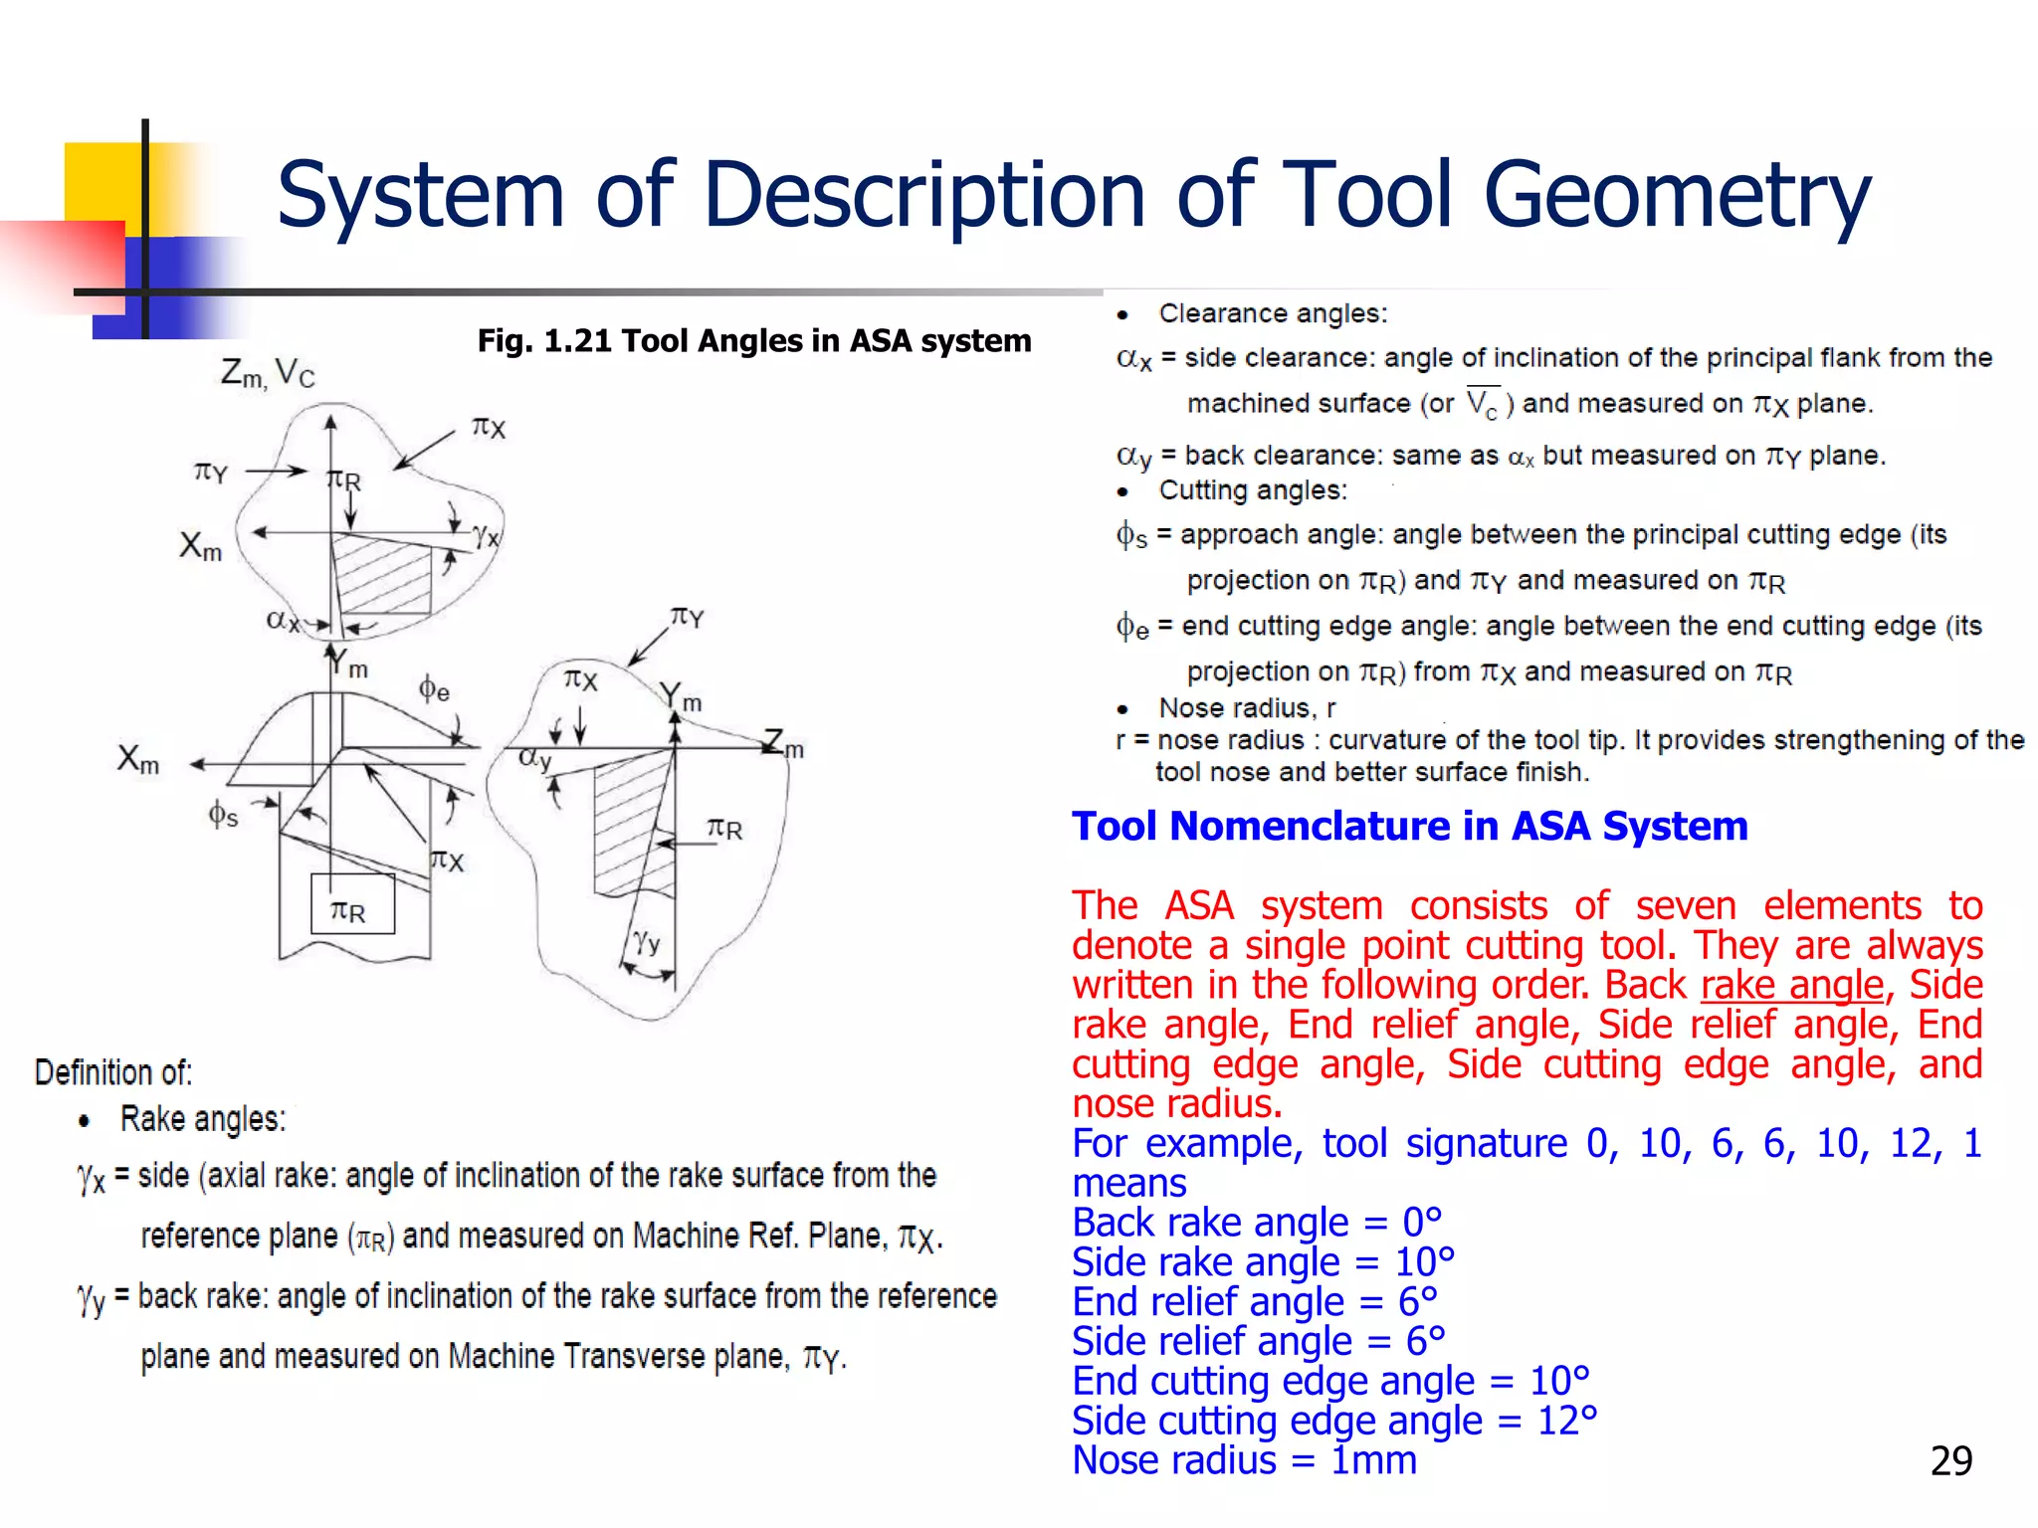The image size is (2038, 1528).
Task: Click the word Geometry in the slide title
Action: [x=1676, y=195]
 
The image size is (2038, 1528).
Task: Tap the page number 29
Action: [x=1950, y=1460]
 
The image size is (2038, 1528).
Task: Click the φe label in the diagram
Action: [x=434, y=688]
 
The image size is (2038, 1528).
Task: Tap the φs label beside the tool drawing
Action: [x=223, y=816]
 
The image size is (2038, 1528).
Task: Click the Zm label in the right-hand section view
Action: [x=783, y=744]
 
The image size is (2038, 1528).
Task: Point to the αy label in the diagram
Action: [x=534, y=758]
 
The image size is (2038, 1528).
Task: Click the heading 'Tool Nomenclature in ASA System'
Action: [x=1409, y=826]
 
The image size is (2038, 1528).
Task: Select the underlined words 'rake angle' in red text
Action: [x=1792, y=985]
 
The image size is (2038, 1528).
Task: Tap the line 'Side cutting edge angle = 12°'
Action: [x=1333, y=1421]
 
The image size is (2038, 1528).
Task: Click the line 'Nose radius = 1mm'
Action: [x=1244, y=1460]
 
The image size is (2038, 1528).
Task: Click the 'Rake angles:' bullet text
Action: [x=203, y=1119]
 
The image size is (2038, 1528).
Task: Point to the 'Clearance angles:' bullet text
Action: [x=1272, y=314]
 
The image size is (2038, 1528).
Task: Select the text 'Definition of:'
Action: [x=113, y=1072]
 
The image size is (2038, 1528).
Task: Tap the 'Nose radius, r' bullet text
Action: [x=1246, y=708]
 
